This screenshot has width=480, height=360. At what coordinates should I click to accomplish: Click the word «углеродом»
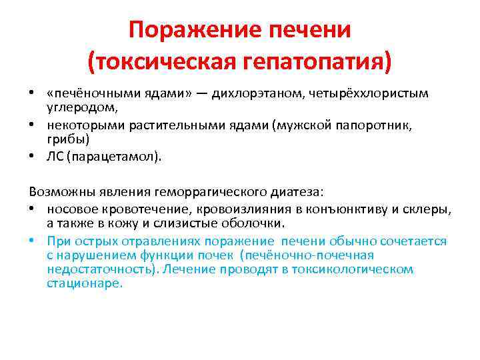tap(83, 107)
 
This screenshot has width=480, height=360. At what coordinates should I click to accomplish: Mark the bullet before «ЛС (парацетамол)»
tap(31, 157)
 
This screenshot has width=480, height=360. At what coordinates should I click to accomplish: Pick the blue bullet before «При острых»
tap(31, 240)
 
